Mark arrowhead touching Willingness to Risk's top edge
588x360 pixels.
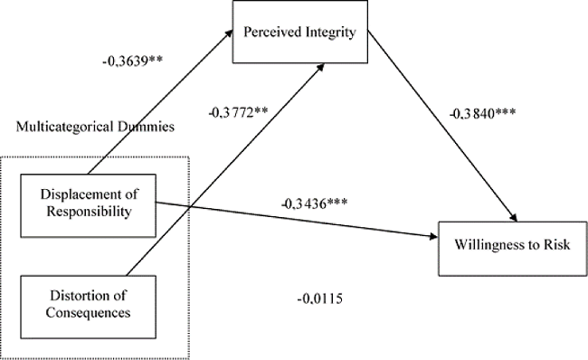pyautogui.click(x=517, y=217)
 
